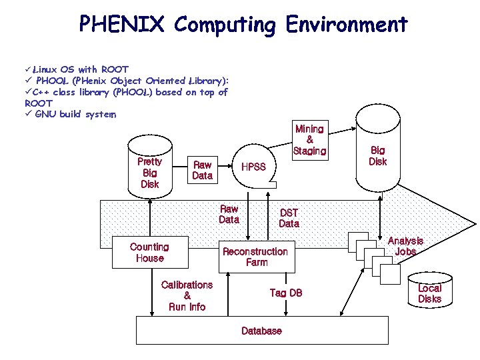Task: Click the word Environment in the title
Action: pyautogui.click(x=346, y=25)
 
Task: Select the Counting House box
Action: pyautogui.click(x=149, y=253)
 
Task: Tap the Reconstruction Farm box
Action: pyautogui.click(x=255, y=257)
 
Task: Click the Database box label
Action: pyautogui.click(x=261, y=331)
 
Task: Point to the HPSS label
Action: pyautogui.click(x=253, y=167)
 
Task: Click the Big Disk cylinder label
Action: pyautogui.click(x=377, y=156)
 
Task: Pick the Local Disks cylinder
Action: pyautogui.click(x=429, y=293)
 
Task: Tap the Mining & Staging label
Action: pyautogui.click(x=309, y=140)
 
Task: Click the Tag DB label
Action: pyautogui.click(x=286, y=293)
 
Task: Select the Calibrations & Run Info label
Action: pyautogui.click(x=187, y=295)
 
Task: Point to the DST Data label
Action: pyautogui.click(x=289, y=218)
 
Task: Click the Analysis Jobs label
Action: pyautogui.click(x=405, y=246)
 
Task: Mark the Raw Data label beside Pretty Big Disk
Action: pyautogui.click(x=202, y=170)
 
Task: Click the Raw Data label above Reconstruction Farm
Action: pyautogui.click(x=229, y=214)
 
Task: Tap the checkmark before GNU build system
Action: pyautogui.click(x=28, y=114)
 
